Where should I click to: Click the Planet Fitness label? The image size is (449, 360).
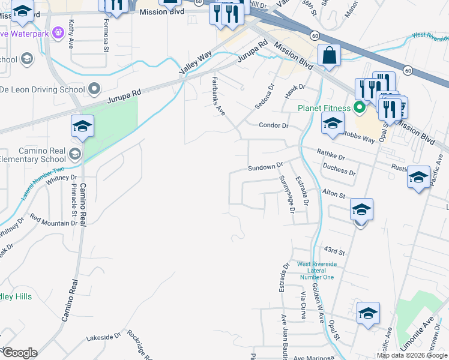[324, 108]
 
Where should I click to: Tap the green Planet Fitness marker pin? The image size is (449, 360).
[360, 108]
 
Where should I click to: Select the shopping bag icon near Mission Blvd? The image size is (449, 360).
[329, 56]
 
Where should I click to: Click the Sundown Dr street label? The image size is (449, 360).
[265, 166]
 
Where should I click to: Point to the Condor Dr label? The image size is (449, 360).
[274, 125]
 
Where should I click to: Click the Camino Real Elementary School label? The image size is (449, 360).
[33, 155]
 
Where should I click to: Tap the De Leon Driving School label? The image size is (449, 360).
[42, 90]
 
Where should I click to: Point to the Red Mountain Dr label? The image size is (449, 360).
[54, 220]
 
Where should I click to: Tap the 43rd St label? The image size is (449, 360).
[334, 251]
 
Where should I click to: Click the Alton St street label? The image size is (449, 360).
[334, 195]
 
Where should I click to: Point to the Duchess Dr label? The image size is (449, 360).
[339, 171]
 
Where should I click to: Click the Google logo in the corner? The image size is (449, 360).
[20, 353]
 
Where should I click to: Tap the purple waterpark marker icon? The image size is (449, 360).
[58, 32]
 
